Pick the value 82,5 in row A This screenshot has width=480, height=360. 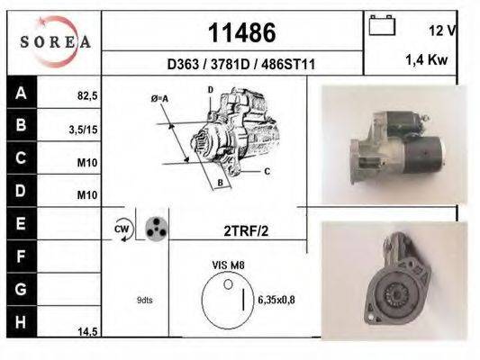pos(86,93)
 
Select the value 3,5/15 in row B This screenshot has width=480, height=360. pos(84,130)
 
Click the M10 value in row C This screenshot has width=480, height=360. pos(86,163)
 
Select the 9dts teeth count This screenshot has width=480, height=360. pos(145,301)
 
